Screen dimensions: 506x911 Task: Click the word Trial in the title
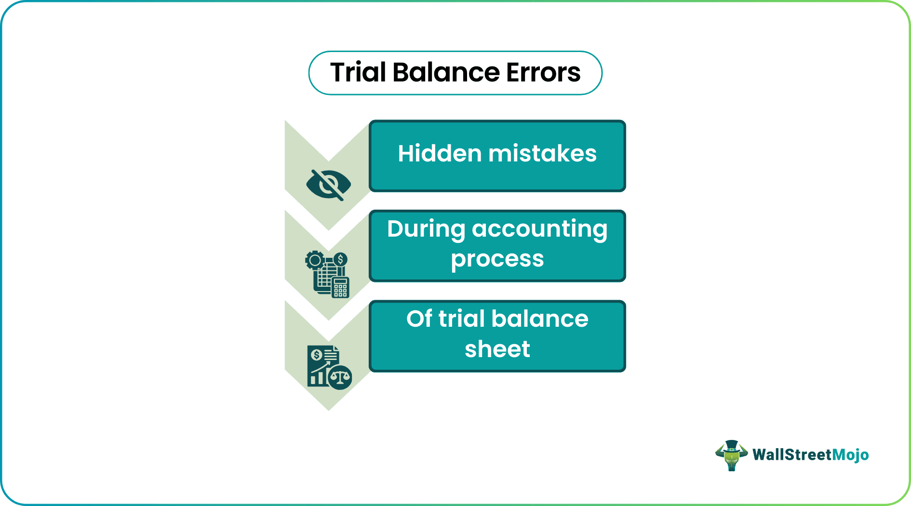pyautogui.click(x=358, y=73)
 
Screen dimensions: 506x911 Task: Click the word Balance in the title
pyautogui.click(x=446, y=73)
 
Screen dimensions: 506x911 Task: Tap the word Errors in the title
pyautogui.click(x=543, y=73)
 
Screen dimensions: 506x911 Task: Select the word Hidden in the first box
pyautogui.click(x=440, y=154)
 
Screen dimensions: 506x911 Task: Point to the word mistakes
pyautogui.click(x=542, y=154)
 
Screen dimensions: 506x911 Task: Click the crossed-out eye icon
pyautogui.click(x=328, y=185)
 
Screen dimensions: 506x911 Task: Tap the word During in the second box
pyautogui.click(x=426, y=229)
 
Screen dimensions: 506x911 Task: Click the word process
pyautogui.click(x=497, y=259)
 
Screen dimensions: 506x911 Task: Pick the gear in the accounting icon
pyautogui.click(x=315, y=261)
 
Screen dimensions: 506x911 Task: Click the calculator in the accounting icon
pyautogui.click(x=340, y=288)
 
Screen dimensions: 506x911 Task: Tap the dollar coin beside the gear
pyautogui.click(x=340, y=259)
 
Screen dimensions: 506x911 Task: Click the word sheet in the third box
pyautogui.click(x=497, y=349)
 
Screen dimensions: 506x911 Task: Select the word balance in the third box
pyautogui.click(x=540, y=319)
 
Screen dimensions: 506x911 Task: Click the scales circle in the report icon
pyautogui.click(x=340, y=377)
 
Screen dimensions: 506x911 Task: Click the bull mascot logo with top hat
pyautogui.click(x=731, y=455)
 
